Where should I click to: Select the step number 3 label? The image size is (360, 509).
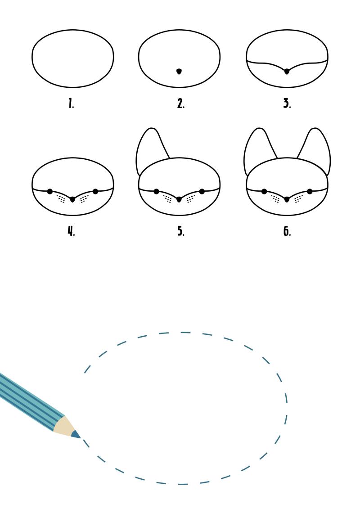(287, 103)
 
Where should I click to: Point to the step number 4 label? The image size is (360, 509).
(71, 231)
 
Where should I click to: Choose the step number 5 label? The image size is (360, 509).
(181, 231)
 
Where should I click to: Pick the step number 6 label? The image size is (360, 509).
(287, 231)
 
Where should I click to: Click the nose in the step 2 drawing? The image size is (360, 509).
(179, 72)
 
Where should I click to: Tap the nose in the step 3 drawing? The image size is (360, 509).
(287, 72)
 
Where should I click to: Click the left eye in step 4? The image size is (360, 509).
(49, 192)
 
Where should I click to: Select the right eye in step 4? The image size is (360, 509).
(95, 192)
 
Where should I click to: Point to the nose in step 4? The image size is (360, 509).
(72, 199)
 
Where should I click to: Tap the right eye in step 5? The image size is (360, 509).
(202, 192)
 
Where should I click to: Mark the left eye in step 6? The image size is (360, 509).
(264, 192)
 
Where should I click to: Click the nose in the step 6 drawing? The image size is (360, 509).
(287, 199)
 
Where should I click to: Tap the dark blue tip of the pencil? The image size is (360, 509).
(76, 435)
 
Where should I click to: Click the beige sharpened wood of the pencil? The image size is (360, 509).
(64, 426)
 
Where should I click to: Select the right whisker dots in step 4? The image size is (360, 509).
(84, 198)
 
